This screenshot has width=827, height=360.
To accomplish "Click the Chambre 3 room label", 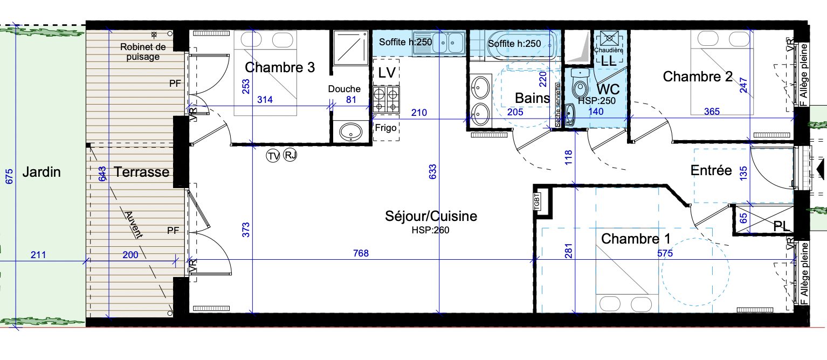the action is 280,67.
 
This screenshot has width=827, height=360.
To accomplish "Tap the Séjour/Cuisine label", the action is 431,216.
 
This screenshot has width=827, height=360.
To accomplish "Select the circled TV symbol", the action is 273,156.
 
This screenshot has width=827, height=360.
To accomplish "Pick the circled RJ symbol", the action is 290,155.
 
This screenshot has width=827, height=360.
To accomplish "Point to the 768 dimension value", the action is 361,253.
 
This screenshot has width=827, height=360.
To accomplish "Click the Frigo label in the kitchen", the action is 386,128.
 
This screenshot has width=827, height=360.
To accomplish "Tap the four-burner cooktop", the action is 386,99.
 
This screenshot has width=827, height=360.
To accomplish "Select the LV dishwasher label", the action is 387,73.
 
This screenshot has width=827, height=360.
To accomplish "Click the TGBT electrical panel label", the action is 537,202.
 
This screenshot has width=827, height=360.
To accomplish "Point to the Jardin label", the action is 42,172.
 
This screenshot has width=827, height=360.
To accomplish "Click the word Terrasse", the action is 141,172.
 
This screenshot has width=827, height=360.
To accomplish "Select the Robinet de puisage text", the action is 143,52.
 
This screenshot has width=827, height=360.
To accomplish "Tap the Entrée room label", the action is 711,170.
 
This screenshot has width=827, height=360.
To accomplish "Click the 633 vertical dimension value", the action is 433,172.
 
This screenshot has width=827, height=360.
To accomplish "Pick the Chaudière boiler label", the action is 609,50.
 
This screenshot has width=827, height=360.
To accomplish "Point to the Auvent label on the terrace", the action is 133,225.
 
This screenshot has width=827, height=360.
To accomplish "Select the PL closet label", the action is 781,226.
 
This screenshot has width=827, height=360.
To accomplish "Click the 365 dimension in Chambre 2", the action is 712,112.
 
